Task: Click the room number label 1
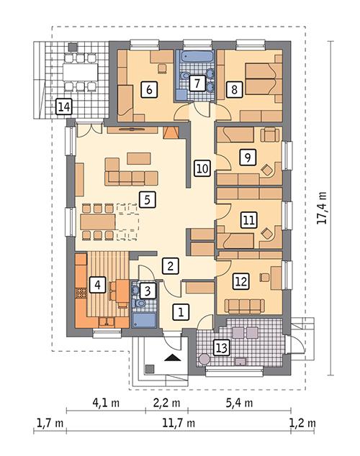(x=181, y=311)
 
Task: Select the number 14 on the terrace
(x=64, y=107)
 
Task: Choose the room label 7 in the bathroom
(x=196, y=83)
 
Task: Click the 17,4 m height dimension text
(x=322, y=208)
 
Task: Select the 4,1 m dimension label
(x=105, y=401)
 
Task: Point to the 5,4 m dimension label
(x=238, y=401)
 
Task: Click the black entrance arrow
(x=171, y=357)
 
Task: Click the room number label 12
(x=240, y=283)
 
